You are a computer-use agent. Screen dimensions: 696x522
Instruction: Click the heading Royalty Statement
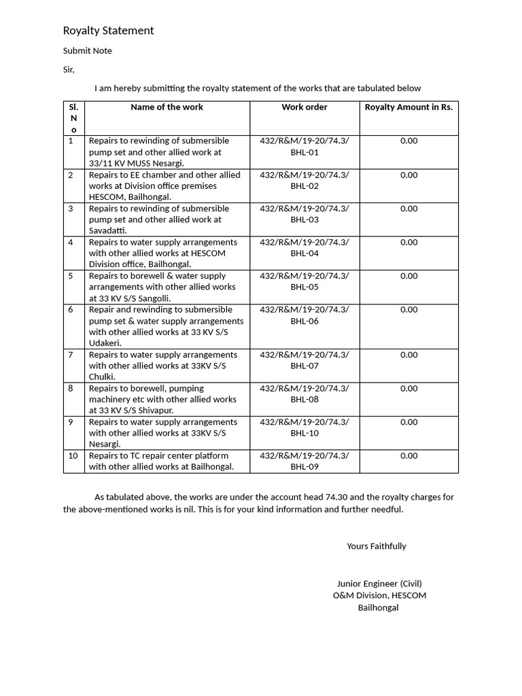click(x=108, y=31)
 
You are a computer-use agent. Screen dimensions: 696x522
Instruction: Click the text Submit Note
click(x=88, y=51)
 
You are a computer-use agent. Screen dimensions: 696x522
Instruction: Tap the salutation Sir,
click(x=69, y=69)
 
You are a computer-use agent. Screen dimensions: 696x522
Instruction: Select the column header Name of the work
click(x=167, y=107)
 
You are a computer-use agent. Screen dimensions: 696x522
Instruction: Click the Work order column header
click(x=304, y=107)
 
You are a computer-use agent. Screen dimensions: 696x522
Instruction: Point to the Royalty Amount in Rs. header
click(x=408, y=107)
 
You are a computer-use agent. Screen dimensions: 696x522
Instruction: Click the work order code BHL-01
click(x=304, y=152)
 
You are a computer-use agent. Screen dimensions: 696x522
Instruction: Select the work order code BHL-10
click(x=304, y=433)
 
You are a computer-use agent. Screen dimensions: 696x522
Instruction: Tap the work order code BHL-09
click(x=304, y=467)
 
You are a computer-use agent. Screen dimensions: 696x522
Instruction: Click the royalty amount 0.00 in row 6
click(x=408, y=310)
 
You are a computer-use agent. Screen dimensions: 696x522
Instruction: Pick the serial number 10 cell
click(x=73, y=456)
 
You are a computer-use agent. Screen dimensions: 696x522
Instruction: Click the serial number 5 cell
click(x=71, y=276)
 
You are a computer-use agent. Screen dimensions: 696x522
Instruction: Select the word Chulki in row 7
click(x=101, y=377)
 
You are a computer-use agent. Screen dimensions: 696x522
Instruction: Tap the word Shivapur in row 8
click(x=156, y=411)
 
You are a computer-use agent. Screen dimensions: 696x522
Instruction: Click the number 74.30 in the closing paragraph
click(x=300, y=498)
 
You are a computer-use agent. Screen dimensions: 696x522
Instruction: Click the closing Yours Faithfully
click(x=376, y=546)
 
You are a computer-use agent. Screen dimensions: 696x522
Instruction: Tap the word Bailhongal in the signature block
click(x=379, y=608)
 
